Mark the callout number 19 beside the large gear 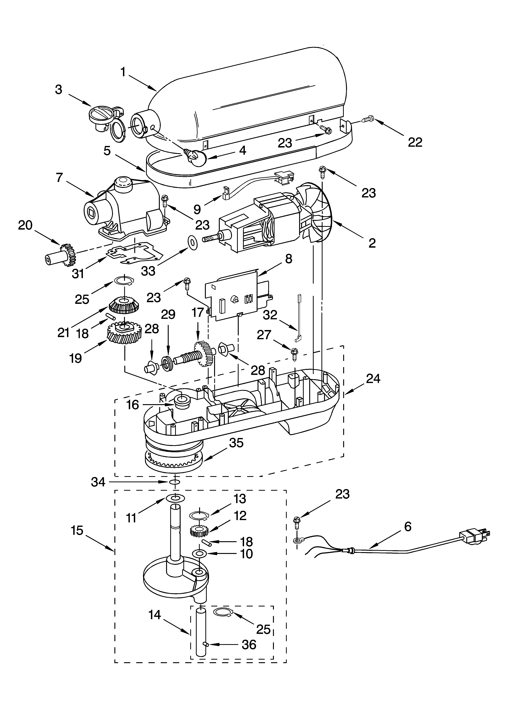pos(76,358)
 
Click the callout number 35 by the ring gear pos(236,443)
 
